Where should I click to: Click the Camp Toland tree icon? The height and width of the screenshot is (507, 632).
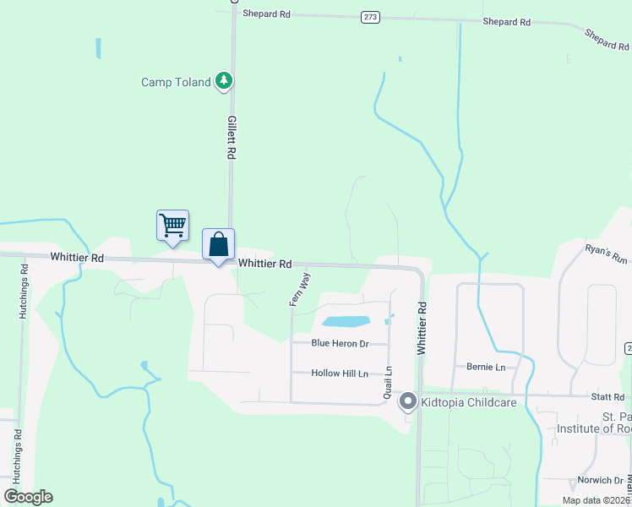point(224,81)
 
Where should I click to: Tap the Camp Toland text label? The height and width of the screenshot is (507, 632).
point(176,82)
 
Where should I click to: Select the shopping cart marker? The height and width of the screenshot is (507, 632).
point(172,226)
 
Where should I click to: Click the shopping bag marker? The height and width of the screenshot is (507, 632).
point(219,244)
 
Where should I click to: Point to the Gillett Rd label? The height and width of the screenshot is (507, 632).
point(230,139)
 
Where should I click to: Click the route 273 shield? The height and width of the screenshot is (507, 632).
point(369,17)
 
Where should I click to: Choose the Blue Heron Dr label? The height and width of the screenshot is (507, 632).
point(341,343)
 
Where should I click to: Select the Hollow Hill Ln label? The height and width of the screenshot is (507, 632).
point(340,373)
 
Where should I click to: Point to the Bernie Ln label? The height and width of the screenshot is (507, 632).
point(486,367)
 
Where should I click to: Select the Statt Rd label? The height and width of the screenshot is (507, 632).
point(607,396)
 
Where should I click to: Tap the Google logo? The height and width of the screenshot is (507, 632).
point(28,497)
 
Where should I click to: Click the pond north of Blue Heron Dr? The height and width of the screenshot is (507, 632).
point(345,322)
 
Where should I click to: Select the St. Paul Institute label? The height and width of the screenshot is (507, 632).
point(594,422)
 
